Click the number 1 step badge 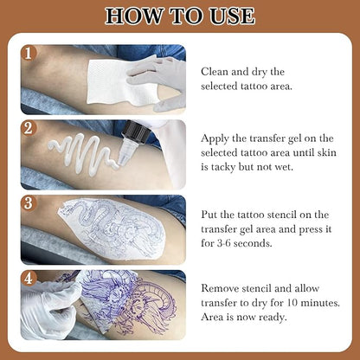(x=30, y=54)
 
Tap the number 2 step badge (x=30, y=129)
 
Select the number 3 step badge (x=30, y=204)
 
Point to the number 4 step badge (x=30, y=279)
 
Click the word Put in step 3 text (x=210, y=211)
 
